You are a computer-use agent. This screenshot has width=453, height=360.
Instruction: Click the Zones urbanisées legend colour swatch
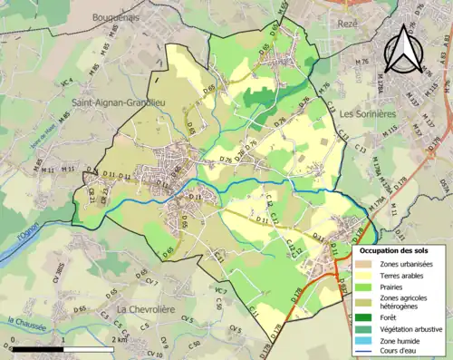(x=369, y=263)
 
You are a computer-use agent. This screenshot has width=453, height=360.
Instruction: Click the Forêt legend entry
(x=393, y=316)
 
